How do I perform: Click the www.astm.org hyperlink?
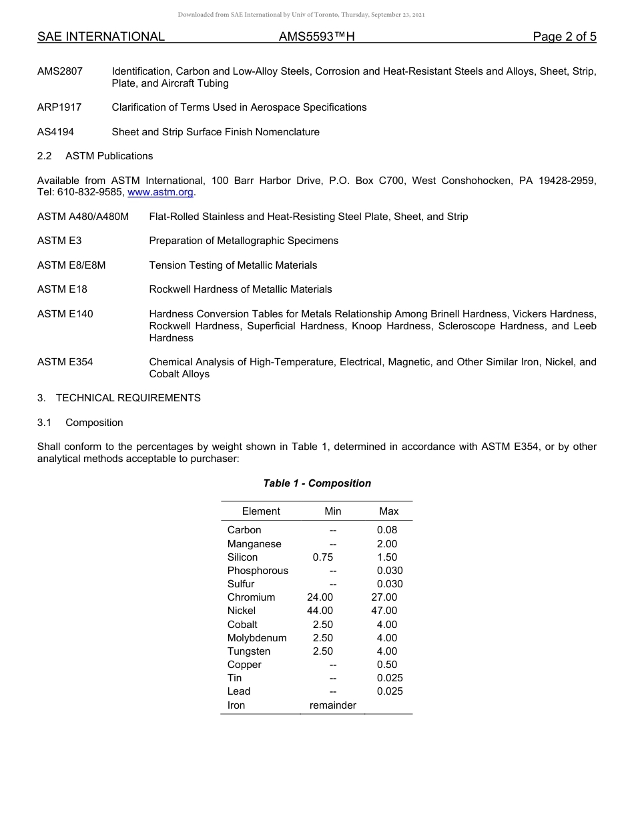[160, 193]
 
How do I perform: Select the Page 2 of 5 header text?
[564, 37]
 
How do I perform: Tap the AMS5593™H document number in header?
[316, 37]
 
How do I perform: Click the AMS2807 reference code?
[60, 71]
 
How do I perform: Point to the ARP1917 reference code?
[60, 107]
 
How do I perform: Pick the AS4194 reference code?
[55, 132]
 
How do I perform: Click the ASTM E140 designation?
[65, 314]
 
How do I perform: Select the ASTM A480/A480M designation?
[83, 217]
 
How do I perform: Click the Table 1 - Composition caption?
[317, 483]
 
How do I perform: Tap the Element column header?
[261, 511]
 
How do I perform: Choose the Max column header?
[388, 511]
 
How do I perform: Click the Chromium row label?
[251, 597]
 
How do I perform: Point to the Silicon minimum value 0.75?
[322, 557]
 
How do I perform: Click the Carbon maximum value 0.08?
[386, 530]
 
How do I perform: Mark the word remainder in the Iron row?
[332, 705]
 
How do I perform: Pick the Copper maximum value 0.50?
[386, 665]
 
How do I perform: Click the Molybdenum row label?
[257, 638]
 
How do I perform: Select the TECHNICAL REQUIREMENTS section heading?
[127, 398]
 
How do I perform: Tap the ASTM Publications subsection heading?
[109, 156]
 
